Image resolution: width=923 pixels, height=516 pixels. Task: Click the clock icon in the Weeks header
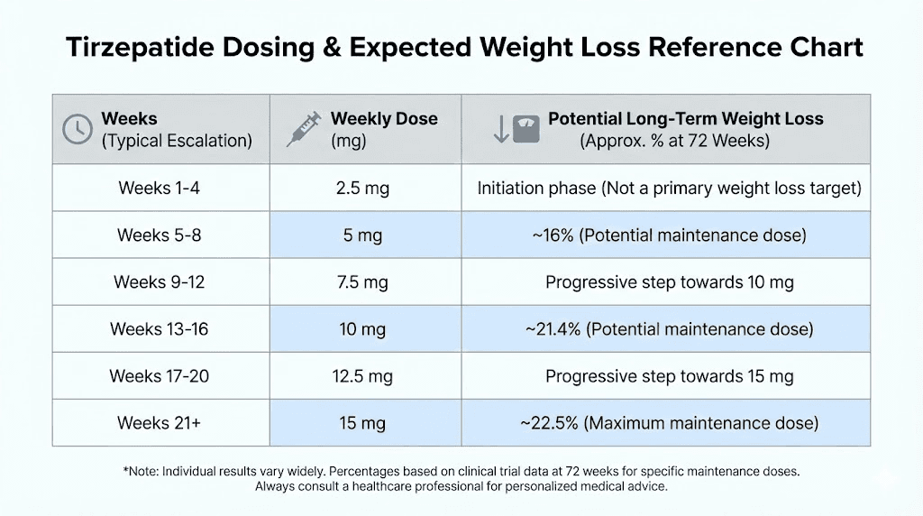(x=78, y=129)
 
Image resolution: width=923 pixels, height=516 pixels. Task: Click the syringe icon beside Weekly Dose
(x=303, y=129)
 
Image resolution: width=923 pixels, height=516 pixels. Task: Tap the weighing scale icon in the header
(x=526, y=129)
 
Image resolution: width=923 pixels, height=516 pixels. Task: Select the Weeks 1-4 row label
(x=159, y=188)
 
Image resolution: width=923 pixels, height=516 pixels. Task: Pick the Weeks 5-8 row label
(x=159, y=235)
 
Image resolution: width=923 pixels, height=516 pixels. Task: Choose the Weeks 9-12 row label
(x=159, y=282)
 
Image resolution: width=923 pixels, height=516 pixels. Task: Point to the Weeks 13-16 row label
(x=159, y=329)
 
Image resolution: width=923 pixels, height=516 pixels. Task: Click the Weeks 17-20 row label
(x=159, y=375)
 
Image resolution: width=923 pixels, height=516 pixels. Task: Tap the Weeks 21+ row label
(x=159, y=422)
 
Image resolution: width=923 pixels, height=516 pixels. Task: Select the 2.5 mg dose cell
(x=361, y=189)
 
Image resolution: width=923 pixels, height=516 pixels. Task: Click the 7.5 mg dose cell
(x=361, y=282)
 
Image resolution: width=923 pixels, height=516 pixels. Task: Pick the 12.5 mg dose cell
(x=361, y=376)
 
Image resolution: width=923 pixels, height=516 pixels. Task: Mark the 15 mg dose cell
(x=361, y=423)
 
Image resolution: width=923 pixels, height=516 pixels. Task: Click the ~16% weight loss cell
(x=668, y=235)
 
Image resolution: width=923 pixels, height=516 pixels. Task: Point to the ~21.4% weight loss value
(x=553, y=329)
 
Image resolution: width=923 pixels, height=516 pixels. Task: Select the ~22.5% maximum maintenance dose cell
(x=668, y=423)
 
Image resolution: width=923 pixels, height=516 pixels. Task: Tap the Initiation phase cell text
(x=669, y=189)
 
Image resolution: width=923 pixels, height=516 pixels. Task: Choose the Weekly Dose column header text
(x=384, y=119)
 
